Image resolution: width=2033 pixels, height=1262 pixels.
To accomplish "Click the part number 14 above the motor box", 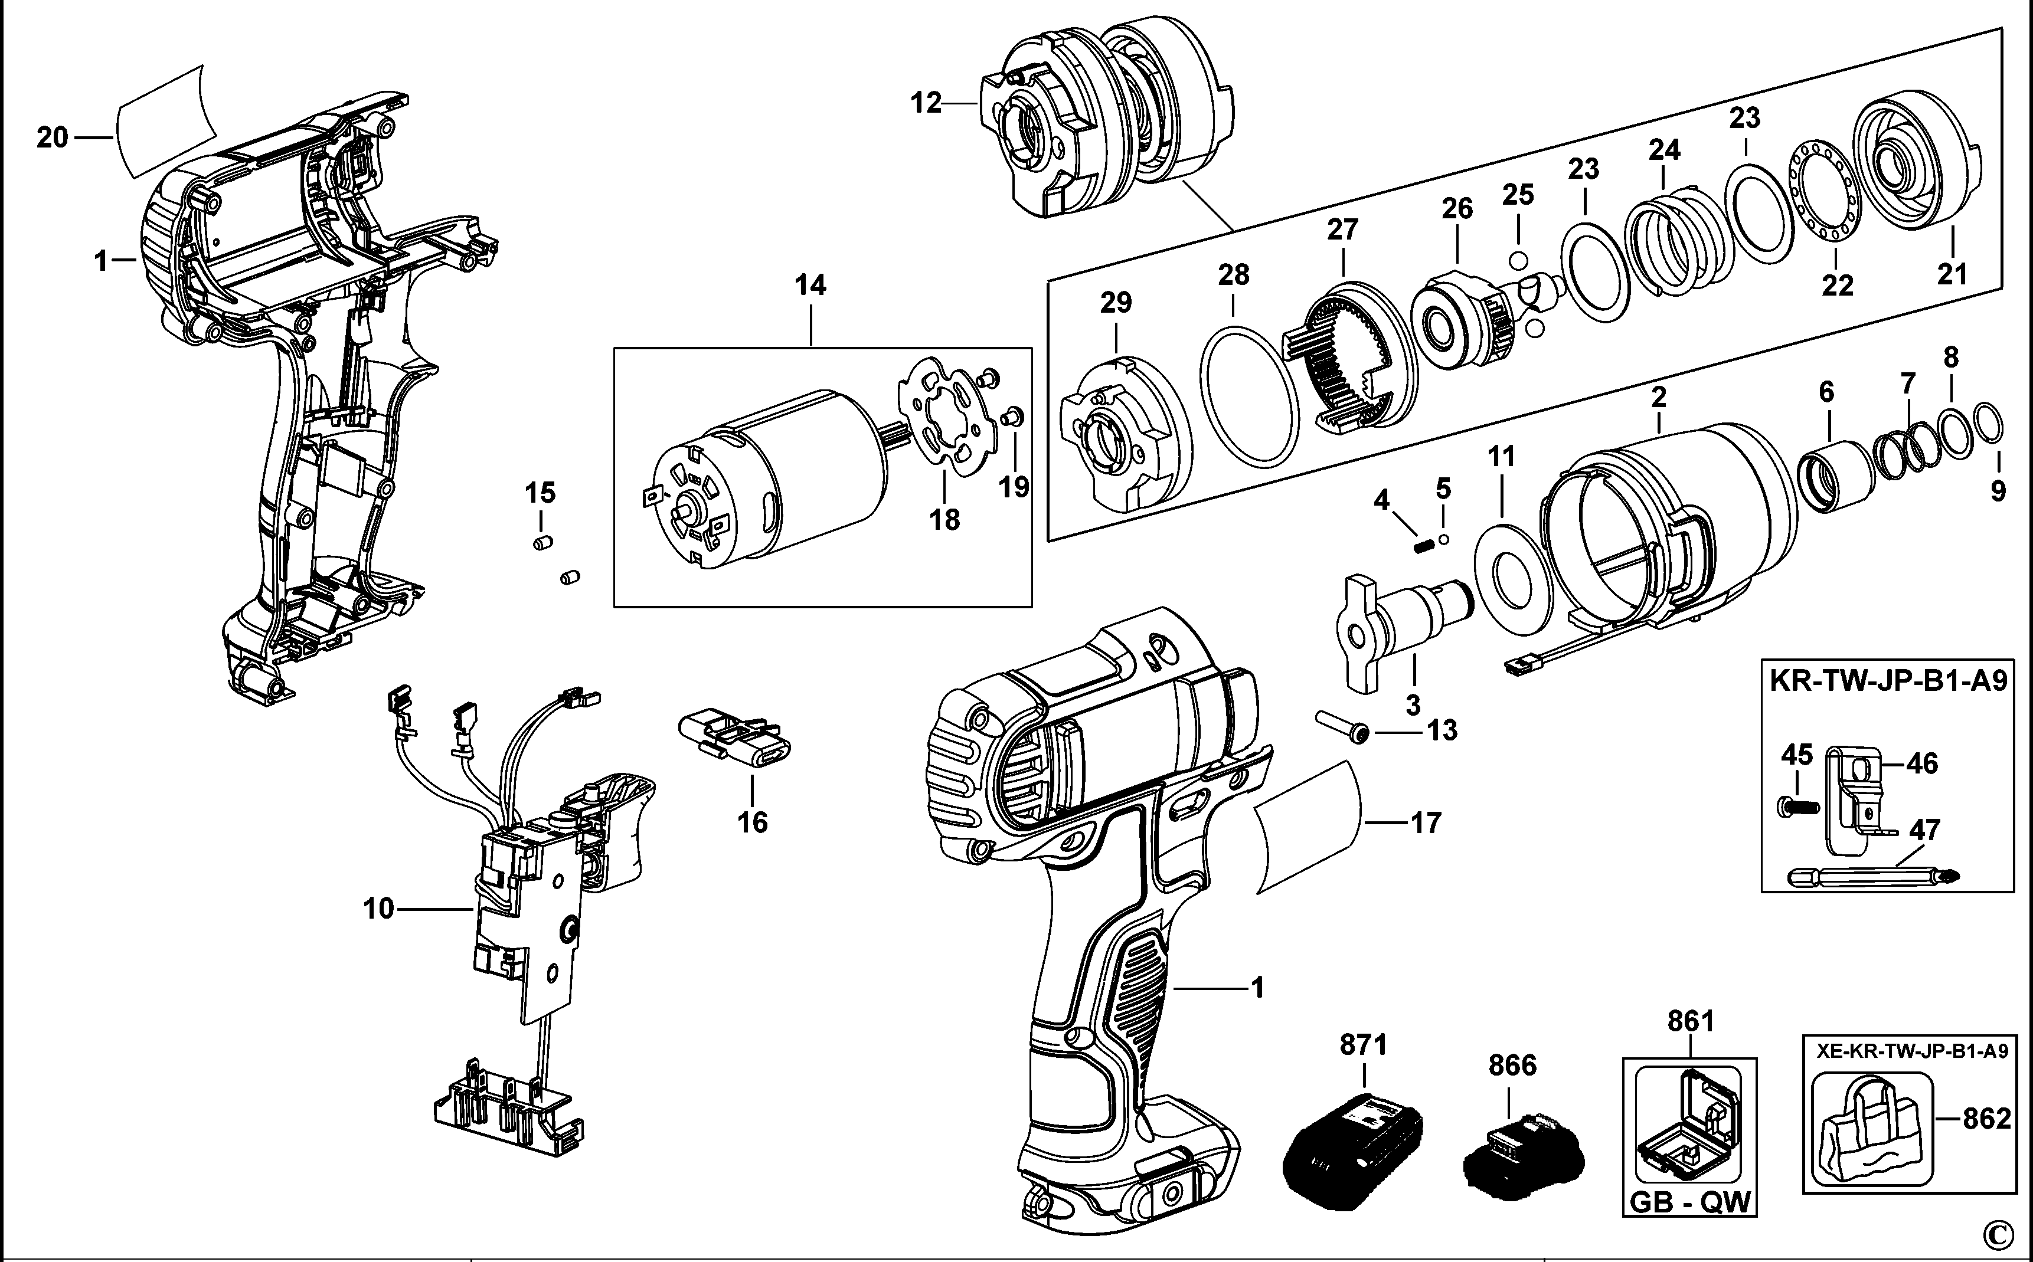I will pyautogui.click(x=810, y=286).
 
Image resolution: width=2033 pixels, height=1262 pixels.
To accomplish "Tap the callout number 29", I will pyautogui.click(x=1116, y=303).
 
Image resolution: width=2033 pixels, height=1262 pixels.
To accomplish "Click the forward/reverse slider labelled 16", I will pyautogui.click(x=735, y=738).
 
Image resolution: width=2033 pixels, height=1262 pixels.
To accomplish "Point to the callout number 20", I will pyautogui.click(x=52, y=137).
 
